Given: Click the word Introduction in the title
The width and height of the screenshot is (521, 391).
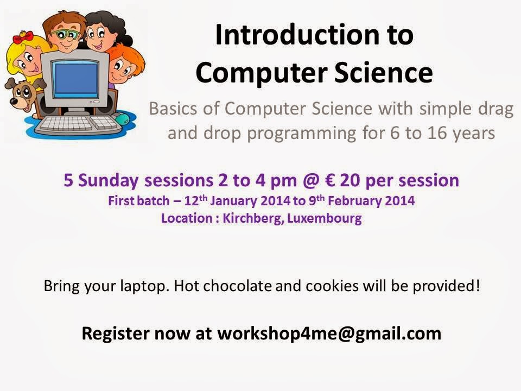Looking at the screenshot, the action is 298,35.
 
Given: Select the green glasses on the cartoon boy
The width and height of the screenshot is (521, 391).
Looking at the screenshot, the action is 66,34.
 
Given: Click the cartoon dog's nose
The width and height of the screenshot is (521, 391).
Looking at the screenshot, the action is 14,102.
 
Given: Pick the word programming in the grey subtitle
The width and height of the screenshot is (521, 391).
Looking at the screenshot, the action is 302,134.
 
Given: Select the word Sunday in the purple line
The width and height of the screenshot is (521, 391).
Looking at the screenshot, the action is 108,181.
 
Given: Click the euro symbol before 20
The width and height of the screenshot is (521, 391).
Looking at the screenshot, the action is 328,180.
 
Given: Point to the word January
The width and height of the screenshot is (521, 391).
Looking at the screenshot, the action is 233,201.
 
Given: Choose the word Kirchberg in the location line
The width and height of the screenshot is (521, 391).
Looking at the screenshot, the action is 253,218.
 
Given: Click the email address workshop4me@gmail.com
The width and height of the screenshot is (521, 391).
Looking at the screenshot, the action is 329,333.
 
